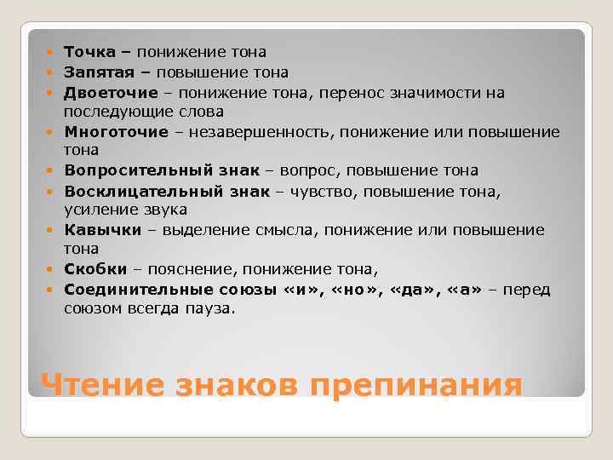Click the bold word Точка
[x=89, y=53]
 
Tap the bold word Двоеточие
[x=111, y=93]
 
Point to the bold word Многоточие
[x=115, y=132]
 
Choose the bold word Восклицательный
[x=142, y=192]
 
